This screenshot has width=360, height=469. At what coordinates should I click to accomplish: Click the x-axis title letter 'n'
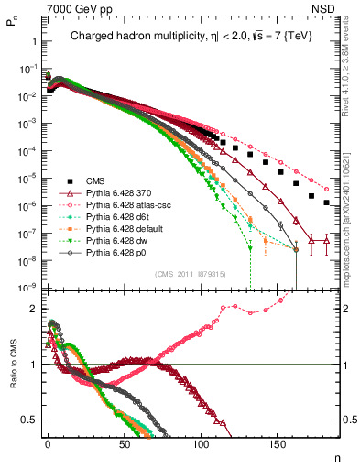click(x=335, y=457)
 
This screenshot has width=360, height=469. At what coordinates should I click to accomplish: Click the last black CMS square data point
click(x=328, y=202)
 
